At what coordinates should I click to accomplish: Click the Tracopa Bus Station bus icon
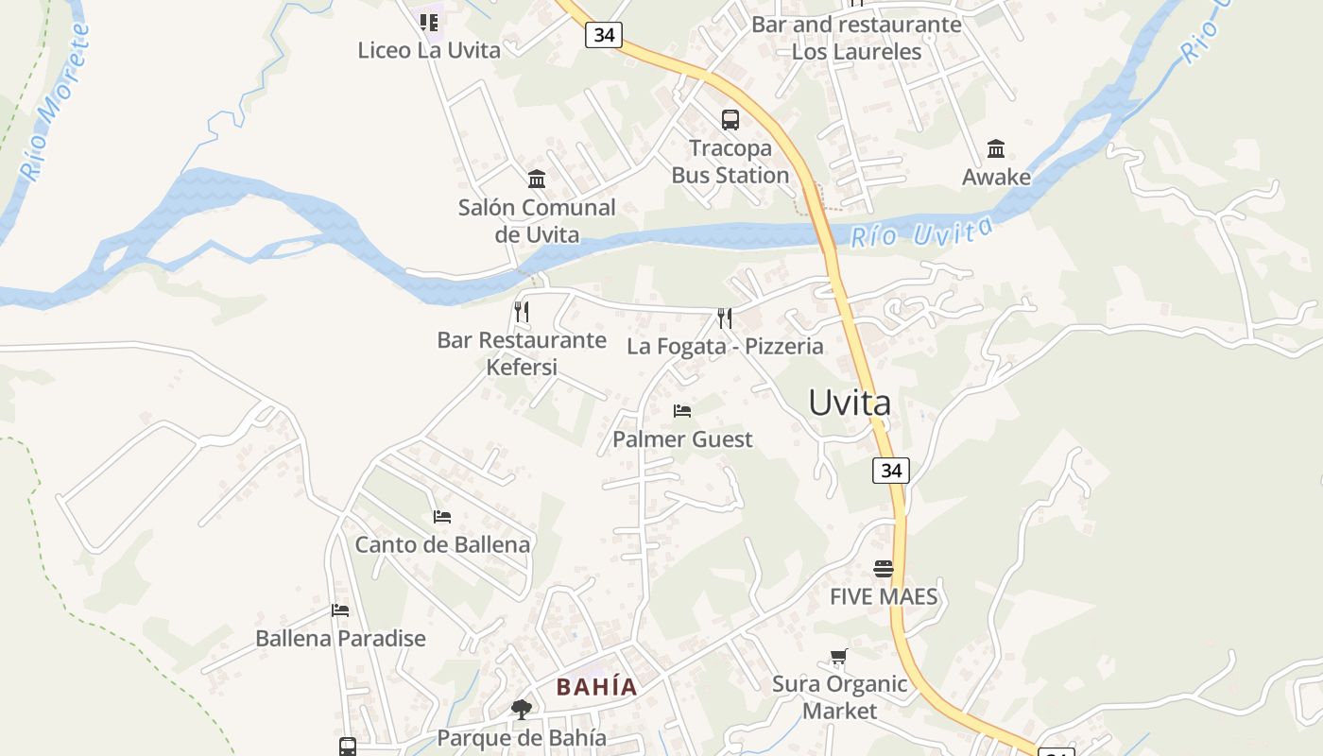pos(730,120)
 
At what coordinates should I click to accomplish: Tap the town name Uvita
pos(850,404)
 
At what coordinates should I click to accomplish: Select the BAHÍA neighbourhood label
pos(596,687)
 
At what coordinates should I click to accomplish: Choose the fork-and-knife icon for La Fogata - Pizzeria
pos(725,318)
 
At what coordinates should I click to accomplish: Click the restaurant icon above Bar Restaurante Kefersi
pos(522,311)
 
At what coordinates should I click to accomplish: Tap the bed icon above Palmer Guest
pos(682,410)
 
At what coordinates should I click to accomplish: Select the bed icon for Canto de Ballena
pos(442,516)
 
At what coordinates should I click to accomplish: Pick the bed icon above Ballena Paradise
pos(340,610)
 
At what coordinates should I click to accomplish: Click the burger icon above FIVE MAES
pos(884,568)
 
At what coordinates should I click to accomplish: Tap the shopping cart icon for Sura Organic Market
pos(839,656)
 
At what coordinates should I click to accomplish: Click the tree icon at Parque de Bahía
pos(521,709)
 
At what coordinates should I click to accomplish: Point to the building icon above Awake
pos(996,148)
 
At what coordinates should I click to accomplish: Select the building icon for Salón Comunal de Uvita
pos(537,179)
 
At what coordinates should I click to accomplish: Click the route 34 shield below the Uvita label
pos(890,470)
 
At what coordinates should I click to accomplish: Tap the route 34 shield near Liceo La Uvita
pos(604,35)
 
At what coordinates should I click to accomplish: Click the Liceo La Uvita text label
pos(429,50)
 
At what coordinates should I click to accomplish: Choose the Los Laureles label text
pos(856,52)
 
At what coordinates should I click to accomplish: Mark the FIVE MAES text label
pos(884,596)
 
